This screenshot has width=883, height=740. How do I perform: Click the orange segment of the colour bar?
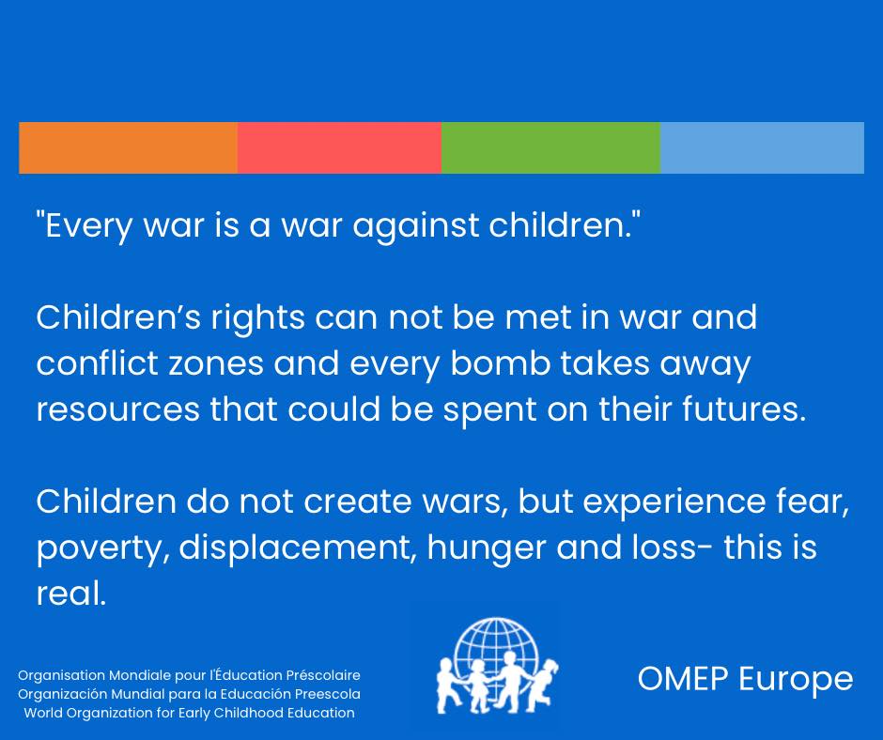pyautogui.click(x=128, y=147)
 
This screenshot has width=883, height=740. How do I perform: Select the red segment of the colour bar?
pyautogui.click(x=339, y=147)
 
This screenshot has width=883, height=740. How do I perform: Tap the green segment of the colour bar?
pyautogui.click(x=550, y=147)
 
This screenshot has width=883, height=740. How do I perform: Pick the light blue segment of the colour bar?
pyautogui.click(x=762, y=147)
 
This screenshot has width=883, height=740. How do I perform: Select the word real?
pyautogui.click(x=70, y=594)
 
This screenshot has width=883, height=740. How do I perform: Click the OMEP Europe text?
pyautogui.click(x=745, y=679)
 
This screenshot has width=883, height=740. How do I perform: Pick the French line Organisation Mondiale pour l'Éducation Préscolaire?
pyautogui.click(x=189, y=675)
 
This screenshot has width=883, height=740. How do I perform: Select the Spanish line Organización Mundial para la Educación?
pyautogui.click(x=189, y=694)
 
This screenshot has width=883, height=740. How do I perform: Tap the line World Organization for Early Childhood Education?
pyautogui.click(x=189, y=713)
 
